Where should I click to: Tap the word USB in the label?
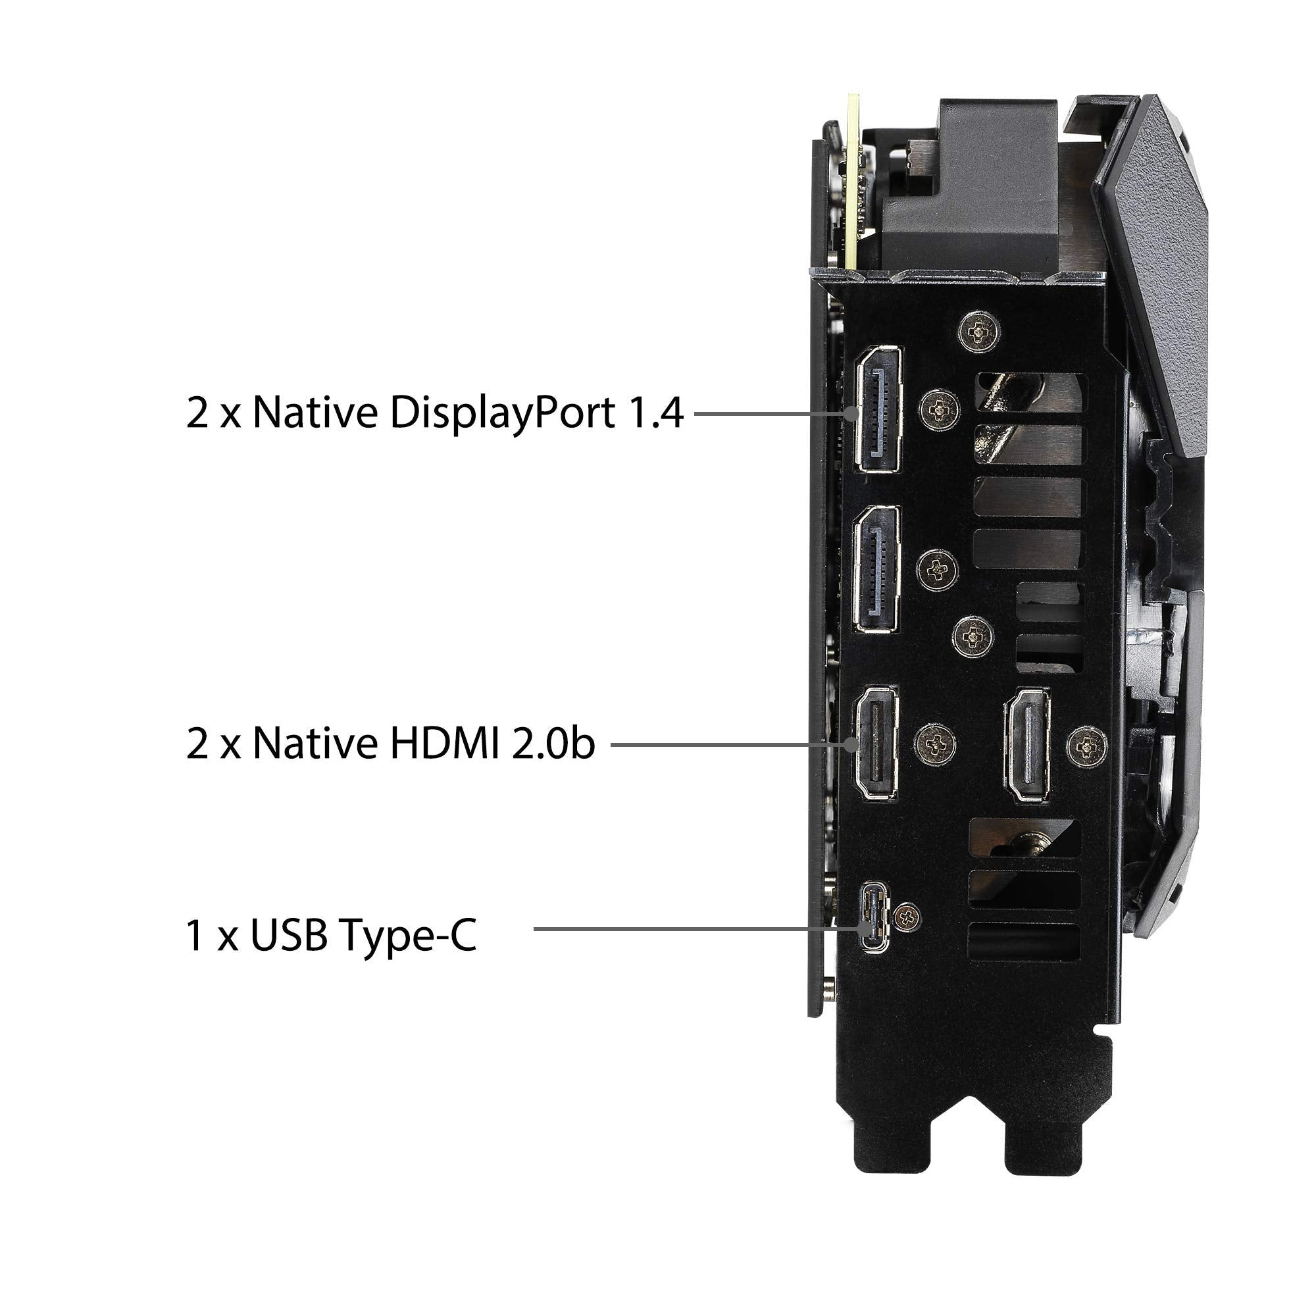(290, 934)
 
